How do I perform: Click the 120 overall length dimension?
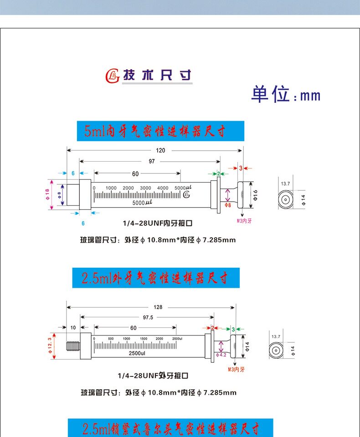coord(160,150)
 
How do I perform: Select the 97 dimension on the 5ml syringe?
coord(151,161)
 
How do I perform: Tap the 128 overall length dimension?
coord(158,307)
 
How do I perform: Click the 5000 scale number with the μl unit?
coord(184,188)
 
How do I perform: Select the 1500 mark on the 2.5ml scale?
coord(144,339)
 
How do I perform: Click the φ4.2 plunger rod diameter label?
coord(221,355)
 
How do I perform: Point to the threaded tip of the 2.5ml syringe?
coord(73,347)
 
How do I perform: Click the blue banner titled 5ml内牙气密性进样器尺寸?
coord(160,131)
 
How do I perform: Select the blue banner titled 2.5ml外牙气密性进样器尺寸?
coord(156,278)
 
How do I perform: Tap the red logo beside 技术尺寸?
coord(112,76)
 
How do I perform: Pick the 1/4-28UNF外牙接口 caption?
coord(153,376)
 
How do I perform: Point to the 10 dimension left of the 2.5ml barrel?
coord(73,328)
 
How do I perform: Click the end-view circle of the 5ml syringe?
coord(286,199)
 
